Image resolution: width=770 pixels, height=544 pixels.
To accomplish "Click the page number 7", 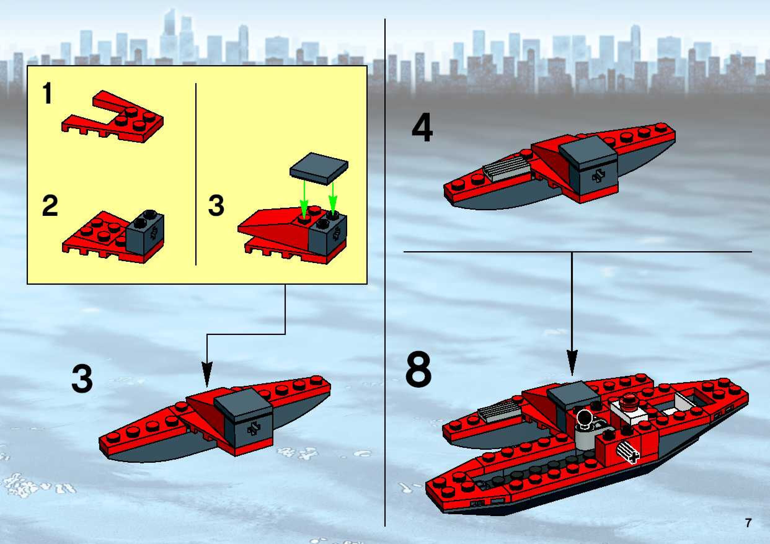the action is (x=748, y=523).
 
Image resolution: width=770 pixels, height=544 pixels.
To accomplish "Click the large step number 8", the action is (x=418, y=369).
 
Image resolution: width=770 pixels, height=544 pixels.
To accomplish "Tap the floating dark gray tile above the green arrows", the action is (x=319, y=168).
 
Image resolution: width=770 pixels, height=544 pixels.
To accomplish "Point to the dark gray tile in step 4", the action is (x=588, y=153).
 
